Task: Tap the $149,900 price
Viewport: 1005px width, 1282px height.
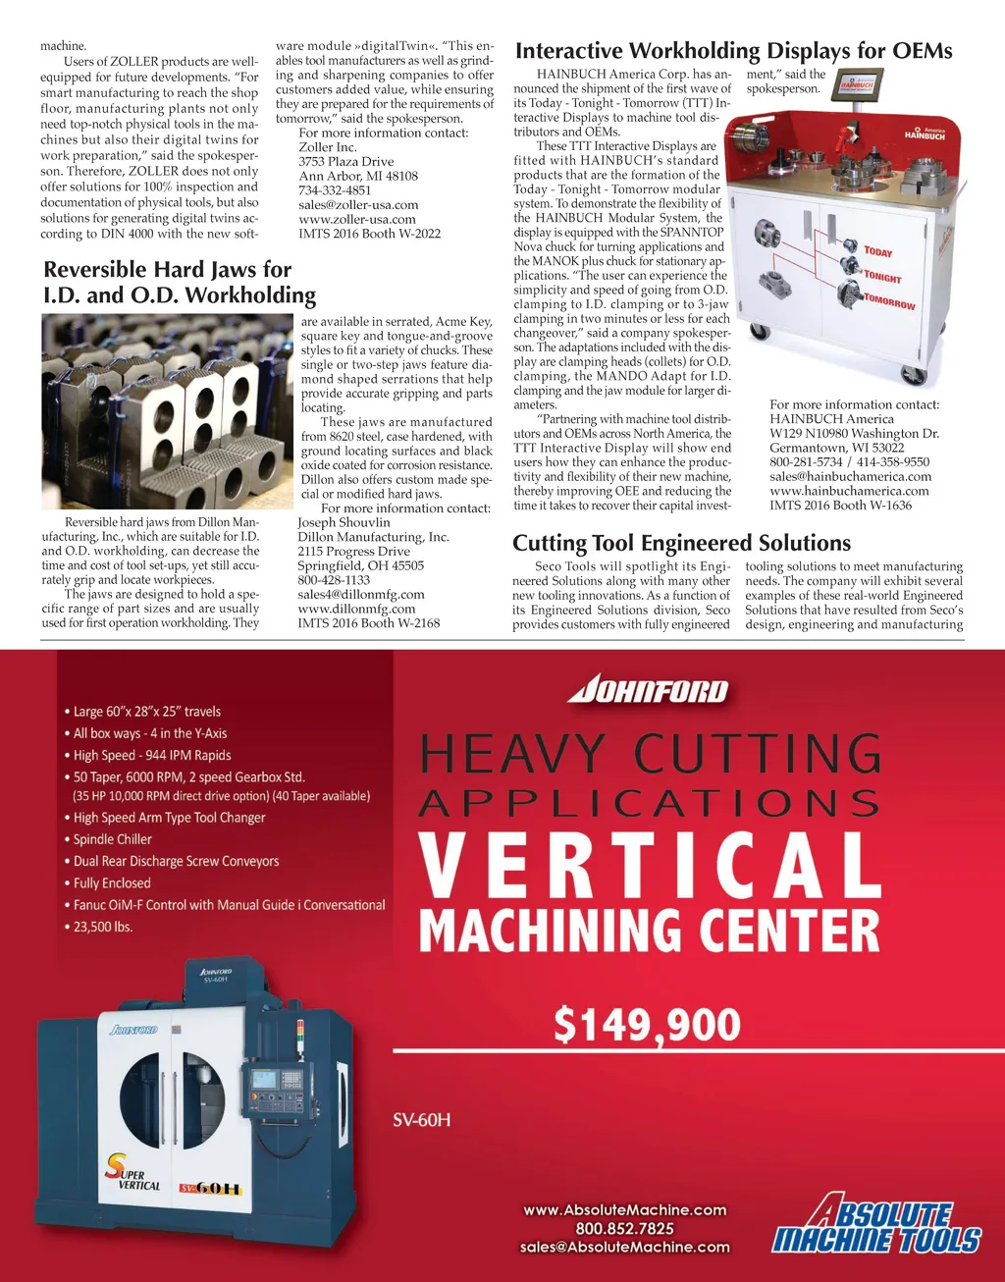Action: (x=648, y=1024)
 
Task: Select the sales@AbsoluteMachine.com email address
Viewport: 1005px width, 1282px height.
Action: (x=625, y=1247)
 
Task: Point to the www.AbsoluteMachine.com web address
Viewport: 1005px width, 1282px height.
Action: (x=625, y=1209)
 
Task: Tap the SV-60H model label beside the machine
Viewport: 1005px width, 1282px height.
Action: (x=422, y=1120)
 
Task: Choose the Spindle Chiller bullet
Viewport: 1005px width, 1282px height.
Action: (x=113, y=839)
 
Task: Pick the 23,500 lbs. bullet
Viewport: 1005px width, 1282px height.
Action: (x=103, y=927)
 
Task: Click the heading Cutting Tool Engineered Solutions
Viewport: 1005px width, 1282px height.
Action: (x=681, y=543)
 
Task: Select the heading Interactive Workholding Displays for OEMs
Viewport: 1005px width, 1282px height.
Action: (x=733, y=51)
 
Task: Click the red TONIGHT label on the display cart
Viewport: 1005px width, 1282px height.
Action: (x=882, y=277)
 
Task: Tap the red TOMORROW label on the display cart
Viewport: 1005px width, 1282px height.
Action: (x=889, y=301)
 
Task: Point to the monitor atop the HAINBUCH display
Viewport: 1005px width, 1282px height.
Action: (x=857, y=85)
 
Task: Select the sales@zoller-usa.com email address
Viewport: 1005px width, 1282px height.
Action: (x=358, y=205)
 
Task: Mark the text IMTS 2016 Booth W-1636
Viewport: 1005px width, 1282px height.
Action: (x=840, y=506)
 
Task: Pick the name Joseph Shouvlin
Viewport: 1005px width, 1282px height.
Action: (x=344, y=522)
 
